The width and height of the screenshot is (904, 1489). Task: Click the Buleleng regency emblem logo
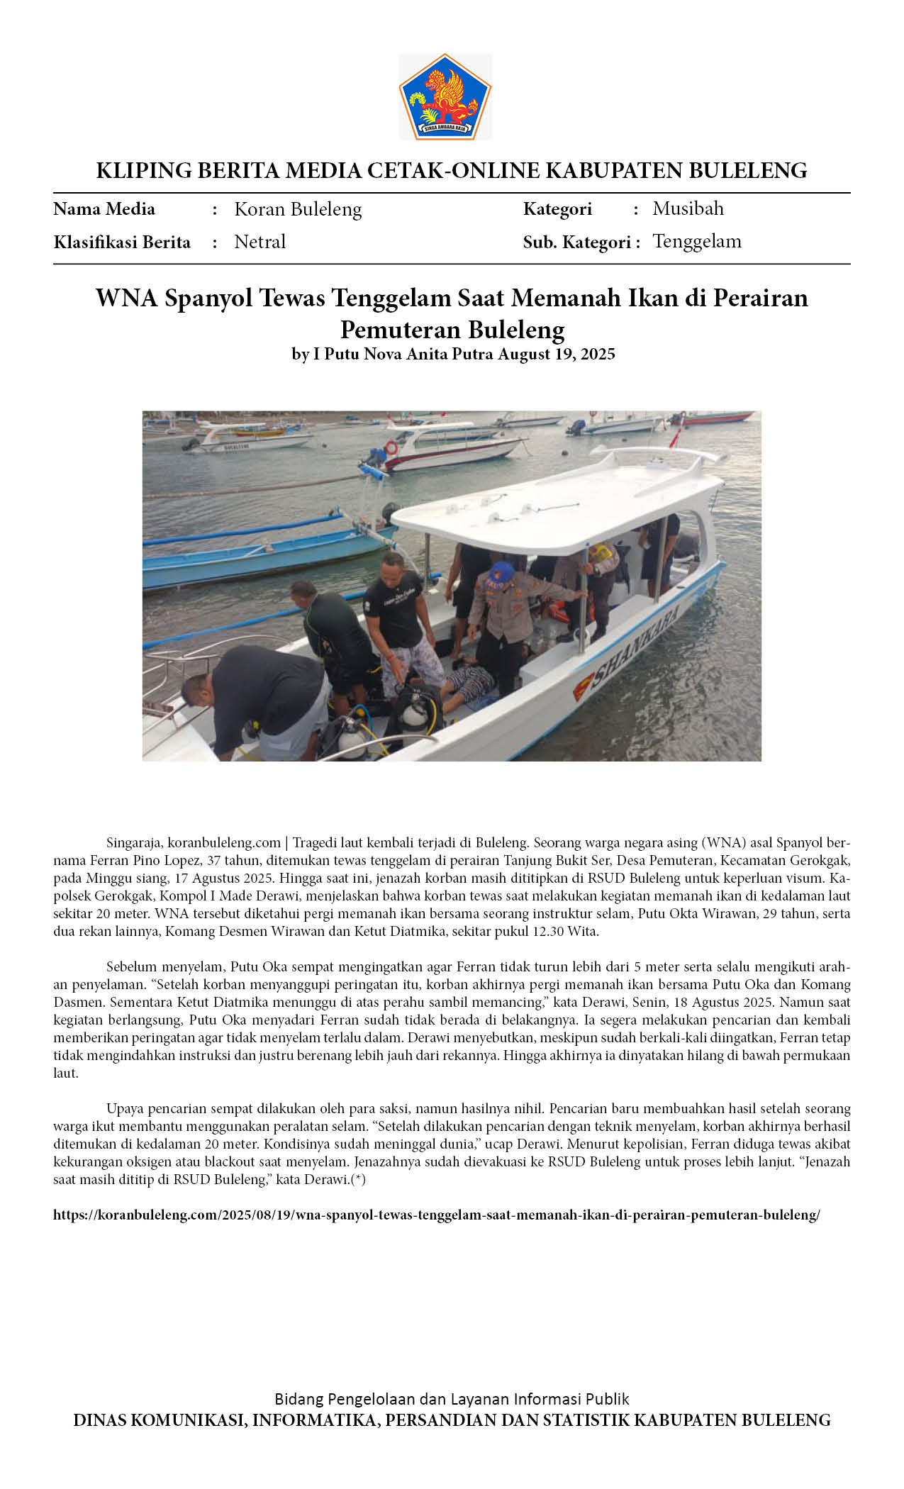click(445, 97)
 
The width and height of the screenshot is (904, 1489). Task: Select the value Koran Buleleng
click(298, 209)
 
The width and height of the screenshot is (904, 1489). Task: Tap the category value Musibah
click(688, 208)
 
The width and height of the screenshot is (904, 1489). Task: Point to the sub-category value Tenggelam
click(696, 241)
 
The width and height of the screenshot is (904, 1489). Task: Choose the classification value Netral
click(260, 242)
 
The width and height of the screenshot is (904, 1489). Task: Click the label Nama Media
click(104, 209)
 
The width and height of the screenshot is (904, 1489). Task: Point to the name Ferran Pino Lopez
click(138, 861)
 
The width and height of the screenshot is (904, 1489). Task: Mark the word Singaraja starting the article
click(133, 843)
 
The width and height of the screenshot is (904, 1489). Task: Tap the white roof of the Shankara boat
click(560, 500)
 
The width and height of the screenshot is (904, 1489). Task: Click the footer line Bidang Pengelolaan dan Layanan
click(452, 1399)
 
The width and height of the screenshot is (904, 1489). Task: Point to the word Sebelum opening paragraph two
click(130, 966)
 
